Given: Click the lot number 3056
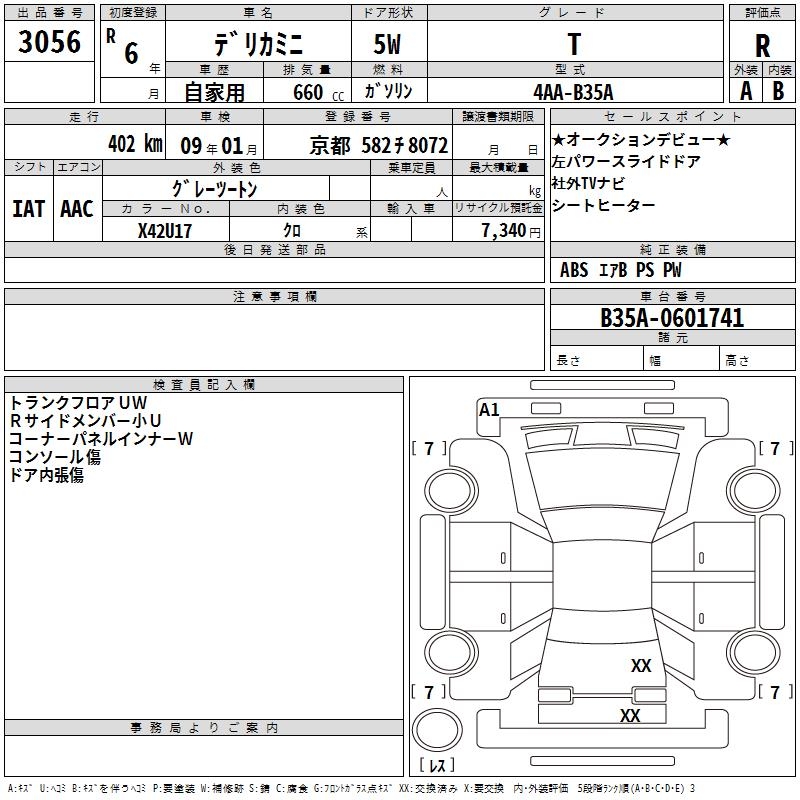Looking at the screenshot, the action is pyautogui.click(x=50, y=41).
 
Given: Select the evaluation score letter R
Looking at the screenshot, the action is pyautogui.click(x=763, y=46).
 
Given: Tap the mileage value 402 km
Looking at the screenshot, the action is pyautogui.click(x=134, y=143).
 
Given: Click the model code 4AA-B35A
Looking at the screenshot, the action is pyautogui.click(x=574, y=91).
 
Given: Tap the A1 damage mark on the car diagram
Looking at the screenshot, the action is pyautogui.click(x=489, y=410).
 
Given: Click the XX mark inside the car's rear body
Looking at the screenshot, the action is pyautogui.click(x=641, y=666).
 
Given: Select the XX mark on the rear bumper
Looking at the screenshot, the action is pyautogui.click(x=629, y=716).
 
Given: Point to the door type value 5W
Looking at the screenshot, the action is pyautogui.click(x=389, y=46).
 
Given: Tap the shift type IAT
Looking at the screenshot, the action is pyautogui.click(x=29, y=209).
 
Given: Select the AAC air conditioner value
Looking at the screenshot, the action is pyautogui.click(x=77, y=209).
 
